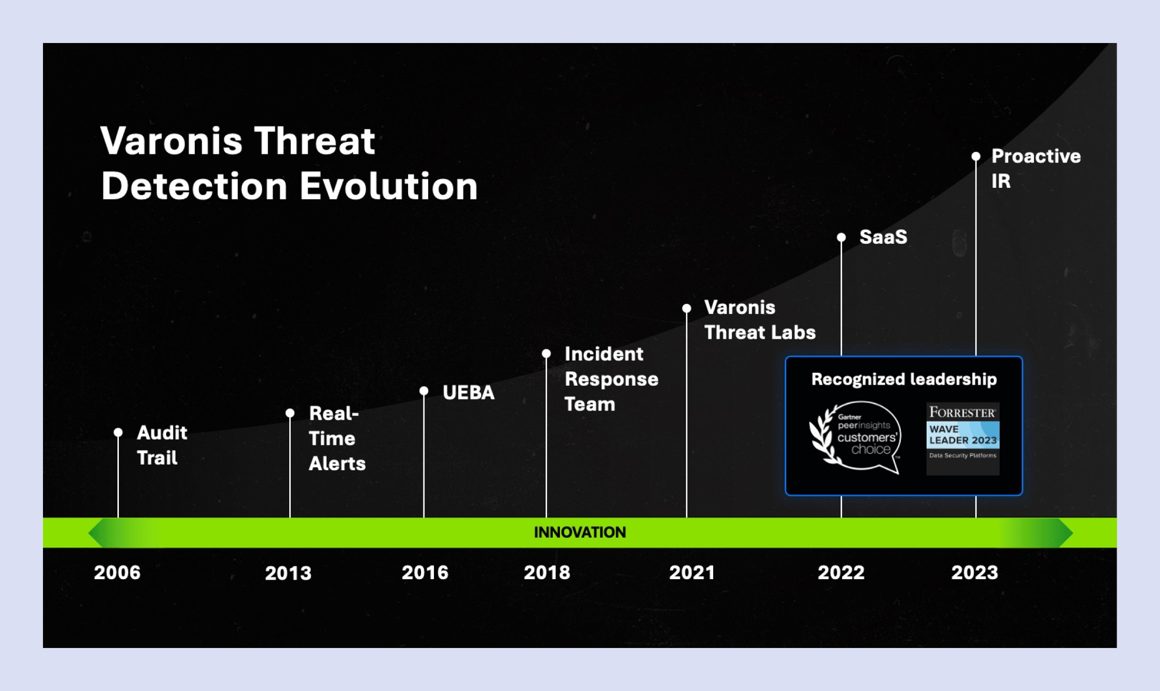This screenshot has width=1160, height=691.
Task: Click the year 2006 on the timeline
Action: (x=117, y=572)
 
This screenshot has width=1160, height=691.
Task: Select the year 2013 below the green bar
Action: (x=288, y=573)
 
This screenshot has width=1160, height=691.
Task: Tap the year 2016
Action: (x=425, y=572)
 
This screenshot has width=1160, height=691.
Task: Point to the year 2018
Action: (x=547, y=572)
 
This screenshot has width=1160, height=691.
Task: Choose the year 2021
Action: (x=692, y=572)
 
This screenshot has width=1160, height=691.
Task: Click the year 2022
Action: (x=841, y=572)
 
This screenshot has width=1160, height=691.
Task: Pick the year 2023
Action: (x=974, y=572)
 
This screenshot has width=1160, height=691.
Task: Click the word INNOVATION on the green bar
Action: (x=580, y=532)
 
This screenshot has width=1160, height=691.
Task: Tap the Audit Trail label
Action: (x=161, y=445)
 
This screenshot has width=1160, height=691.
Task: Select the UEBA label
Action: (x=468, y=392)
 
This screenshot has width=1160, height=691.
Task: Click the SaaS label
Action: (x=883, y=237)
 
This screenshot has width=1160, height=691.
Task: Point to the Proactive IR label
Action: (x=1035, y=168)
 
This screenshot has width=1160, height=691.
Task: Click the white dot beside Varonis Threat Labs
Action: (x=687, y=308)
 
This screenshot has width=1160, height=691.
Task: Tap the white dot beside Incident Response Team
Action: (x=546, y=354)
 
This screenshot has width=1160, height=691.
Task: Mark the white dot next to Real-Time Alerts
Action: (x=290, y=413)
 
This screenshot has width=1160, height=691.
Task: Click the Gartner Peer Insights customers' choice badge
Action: (x=856, y=438)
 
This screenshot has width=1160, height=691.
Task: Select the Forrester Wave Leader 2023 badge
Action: (x=963, y=438)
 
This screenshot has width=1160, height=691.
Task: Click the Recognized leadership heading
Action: (x=903, y=379)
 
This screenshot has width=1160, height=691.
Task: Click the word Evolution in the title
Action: (x=388, y=186)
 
